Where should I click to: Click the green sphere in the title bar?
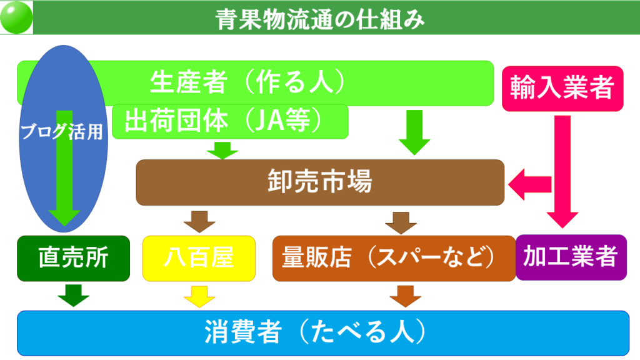pos(16,17)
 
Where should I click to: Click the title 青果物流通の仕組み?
pos(320,19)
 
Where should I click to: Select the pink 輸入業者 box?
pos(562,89)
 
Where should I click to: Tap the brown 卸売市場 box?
pos(320,182)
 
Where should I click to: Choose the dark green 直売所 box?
pos(74,258)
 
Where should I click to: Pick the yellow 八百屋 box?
pos(199,258)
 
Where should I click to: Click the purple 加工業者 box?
pos(571,257)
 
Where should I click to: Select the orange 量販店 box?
pos(394,258)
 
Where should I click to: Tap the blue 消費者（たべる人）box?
pos(323,333)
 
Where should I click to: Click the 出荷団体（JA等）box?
pos(230,121)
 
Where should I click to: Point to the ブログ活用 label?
pos(62,131)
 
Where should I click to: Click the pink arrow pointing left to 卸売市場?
pos(530,184)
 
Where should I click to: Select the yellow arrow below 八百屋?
pos(199,297)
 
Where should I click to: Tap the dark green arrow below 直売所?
pos(74,296)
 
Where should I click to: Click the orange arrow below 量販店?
pos(405,296)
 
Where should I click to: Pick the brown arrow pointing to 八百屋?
pos(199,222)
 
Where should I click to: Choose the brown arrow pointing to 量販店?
pos(401,223)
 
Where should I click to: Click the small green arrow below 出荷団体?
pos(222,151)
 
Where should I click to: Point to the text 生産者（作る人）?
pos(247,82)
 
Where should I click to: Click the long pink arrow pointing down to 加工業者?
pos(562,172)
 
